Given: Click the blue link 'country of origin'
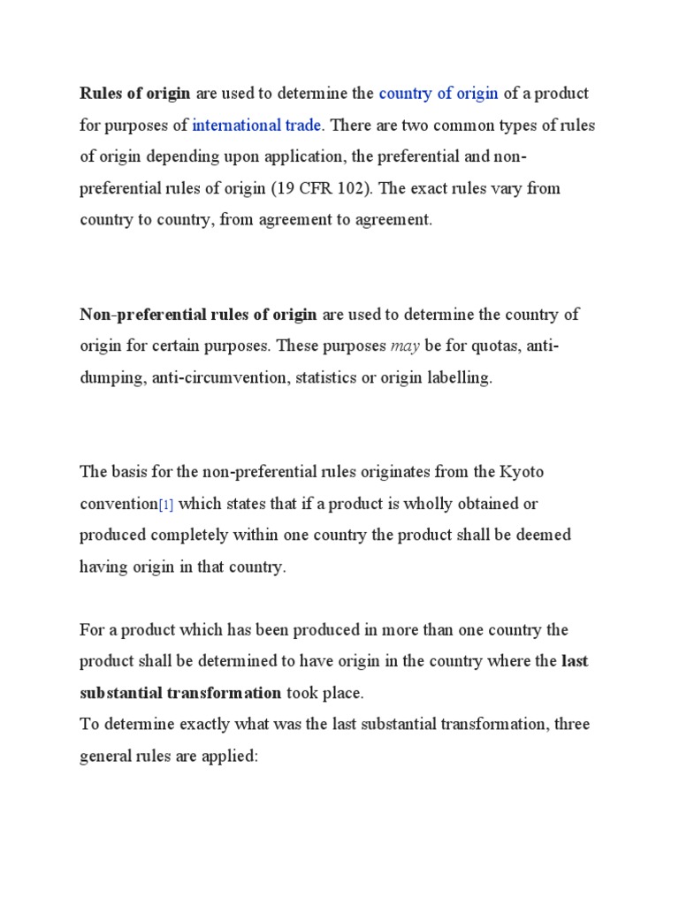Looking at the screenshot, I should click(439, 94).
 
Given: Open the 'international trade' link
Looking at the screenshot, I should click(256, 125).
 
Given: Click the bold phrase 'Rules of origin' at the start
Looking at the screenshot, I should click(135, 94).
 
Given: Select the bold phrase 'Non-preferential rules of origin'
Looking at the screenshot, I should click(198, 315).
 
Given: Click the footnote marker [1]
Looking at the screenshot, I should click(164, 505).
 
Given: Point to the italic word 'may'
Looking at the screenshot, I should click(405, 346).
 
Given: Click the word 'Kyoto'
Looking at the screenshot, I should click(523, 472).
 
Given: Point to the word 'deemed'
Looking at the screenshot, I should click(541, 535).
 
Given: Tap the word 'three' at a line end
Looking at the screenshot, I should click(570, 725).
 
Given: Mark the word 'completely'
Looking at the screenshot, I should click(179, 535).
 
